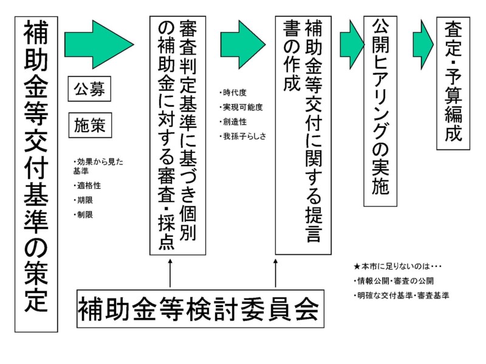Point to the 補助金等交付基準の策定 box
coord(36,175)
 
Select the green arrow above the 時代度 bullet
coord(242,44)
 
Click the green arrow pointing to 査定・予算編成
coord(422,44)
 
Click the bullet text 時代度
coord(234,93)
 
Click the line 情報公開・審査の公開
coord(395,281)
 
